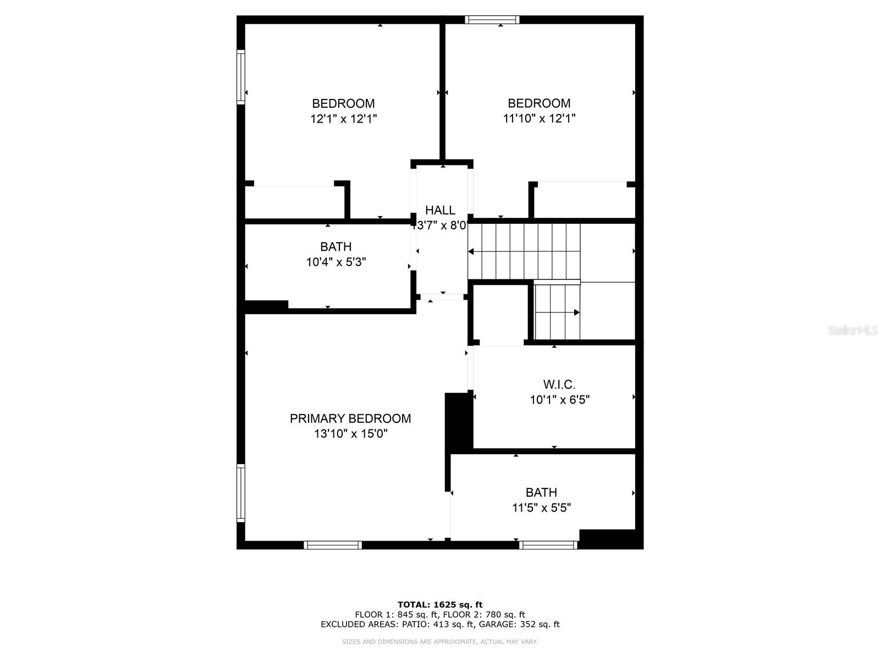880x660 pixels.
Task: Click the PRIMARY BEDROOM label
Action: (350, 419)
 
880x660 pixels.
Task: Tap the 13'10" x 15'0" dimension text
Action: (351, 434)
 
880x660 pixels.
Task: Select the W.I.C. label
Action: (559, 384)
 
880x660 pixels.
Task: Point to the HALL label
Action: (440, 210)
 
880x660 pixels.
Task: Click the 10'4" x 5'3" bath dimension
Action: (336, 262)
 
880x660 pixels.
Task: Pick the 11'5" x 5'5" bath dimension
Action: (541, 508)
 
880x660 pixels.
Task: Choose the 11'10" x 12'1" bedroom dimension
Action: (539, 118)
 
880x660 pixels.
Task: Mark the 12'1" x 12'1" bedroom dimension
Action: (343, 118)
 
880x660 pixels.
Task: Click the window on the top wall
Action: (492, 20)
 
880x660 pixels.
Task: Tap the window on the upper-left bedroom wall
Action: (240, 77)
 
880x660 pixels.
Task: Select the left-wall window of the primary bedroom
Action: (240, 493)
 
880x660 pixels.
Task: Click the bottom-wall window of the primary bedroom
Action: (332, 545)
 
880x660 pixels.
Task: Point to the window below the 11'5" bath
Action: (548, 545)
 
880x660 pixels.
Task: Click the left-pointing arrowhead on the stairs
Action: (471, 251)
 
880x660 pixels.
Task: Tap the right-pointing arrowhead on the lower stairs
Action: (577, 312)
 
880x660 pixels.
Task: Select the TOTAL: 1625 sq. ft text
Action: (440, 604)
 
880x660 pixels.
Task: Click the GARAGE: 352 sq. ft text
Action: (519, 624)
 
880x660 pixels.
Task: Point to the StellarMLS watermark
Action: (853, 331)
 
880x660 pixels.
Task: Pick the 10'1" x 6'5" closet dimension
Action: (559, 400)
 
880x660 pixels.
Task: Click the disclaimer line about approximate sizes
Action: (440, 642)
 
